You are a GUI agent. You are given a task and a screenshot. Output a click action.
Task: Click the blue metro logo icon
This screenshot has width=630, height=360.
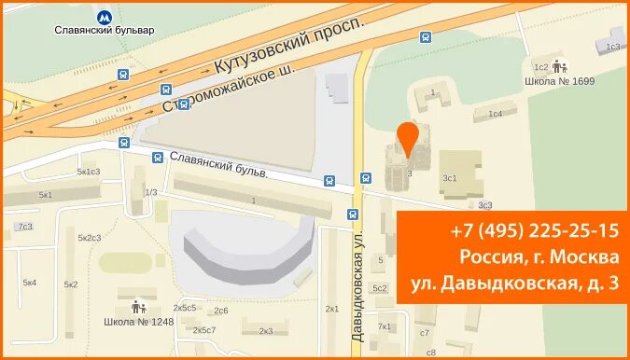point(104,17)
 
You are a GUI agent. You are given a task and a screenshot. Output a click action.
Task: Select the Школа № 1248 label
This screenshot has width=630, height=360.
point(138,323)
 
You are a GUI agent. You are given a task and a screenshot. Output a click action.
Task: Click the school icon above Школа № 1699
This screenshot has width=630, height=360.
point(560,67)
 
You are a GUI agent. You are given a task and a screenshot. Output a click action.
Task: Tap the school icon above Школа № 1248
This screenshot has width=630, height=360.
point(138,306)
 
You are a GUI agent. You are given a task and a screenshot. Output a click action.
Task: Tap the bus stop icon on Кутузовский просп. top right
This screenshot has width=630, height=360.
point(426,38)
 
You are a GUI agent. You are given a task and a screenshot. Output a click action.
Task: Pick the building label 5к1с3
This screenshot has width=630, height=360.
point(89,172)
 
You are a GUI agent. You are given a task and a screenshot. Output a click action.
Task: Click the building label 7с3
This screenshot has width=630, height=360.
point(24,227)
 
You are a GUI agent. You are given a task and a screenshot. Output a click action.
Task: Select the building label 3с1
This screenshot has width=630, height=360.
point(450,177)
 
